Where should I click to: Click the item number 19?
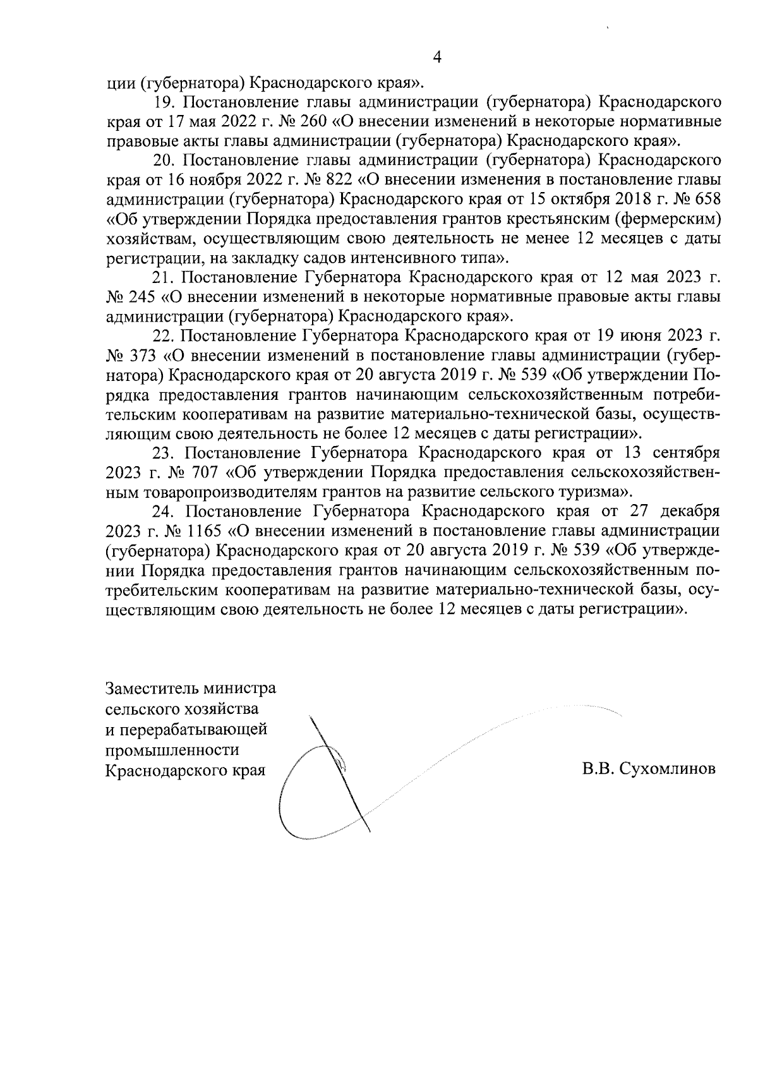tap(165, 102)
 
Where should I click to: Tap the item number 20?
tap(165, 160)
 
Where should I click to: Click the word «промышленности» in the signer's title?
tap(172, 750)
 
